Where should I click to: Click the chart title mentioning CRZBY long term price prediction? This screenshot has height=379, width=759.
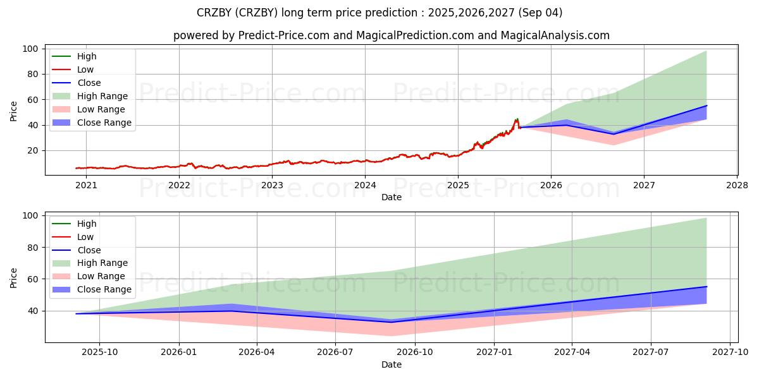click(x=379, y=13)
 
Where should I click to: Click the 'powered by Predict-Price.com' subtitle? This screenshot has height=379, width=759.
click(x=392, y=35)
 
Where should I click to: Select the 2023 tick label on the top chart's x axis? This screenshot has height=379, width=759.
click(x=272, y=185)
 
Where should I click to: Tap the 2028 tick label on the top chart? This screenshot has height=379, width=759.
click(x=737, y=185)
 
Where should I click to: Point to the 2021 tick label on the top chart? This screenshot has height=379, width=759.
click(x=86, y=185)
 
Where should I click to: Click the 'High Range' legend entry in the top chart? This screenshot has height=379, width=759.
click(x=102, y=96)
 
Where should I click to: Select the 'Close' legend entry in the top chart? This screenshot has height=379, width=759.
click(x=89, y=83)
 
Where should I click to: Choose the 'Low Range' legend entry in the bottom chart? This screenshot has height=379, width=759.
click(x=101, y=276)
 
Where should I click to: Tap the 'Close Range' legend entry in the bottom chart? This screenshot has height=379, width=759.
click(x=104, y=289)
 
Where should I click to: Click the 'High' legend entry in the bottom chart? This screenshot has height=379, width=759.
click(x=87, y=224)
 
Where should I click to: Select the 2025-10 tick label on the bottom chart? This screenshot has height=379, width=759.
click(x=100, y=352)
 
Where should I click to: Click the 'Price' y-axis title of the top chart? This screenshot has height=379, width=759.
click(x=14, y=112)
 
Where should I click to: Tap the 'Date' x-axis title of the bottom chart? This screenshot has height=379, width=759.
click(x=392, y=364)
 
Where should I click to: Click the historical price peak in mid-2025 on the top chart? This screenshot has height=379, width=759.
click(x=517, y=118)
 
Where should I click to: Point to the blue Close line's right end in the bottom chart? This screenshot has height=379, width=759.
click(x=707, y=287)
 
